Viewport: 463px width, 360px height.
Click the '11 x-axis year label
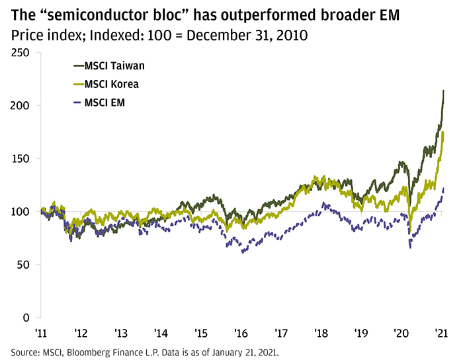40,332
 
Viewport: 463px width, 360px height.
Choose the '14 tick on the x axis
161,332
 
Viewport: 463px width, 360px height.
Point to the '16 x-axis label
242,332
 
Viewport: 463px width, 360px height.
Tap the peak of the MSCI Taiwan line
443,91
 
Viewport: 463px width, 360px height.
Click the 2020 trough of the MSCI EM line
411,247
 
